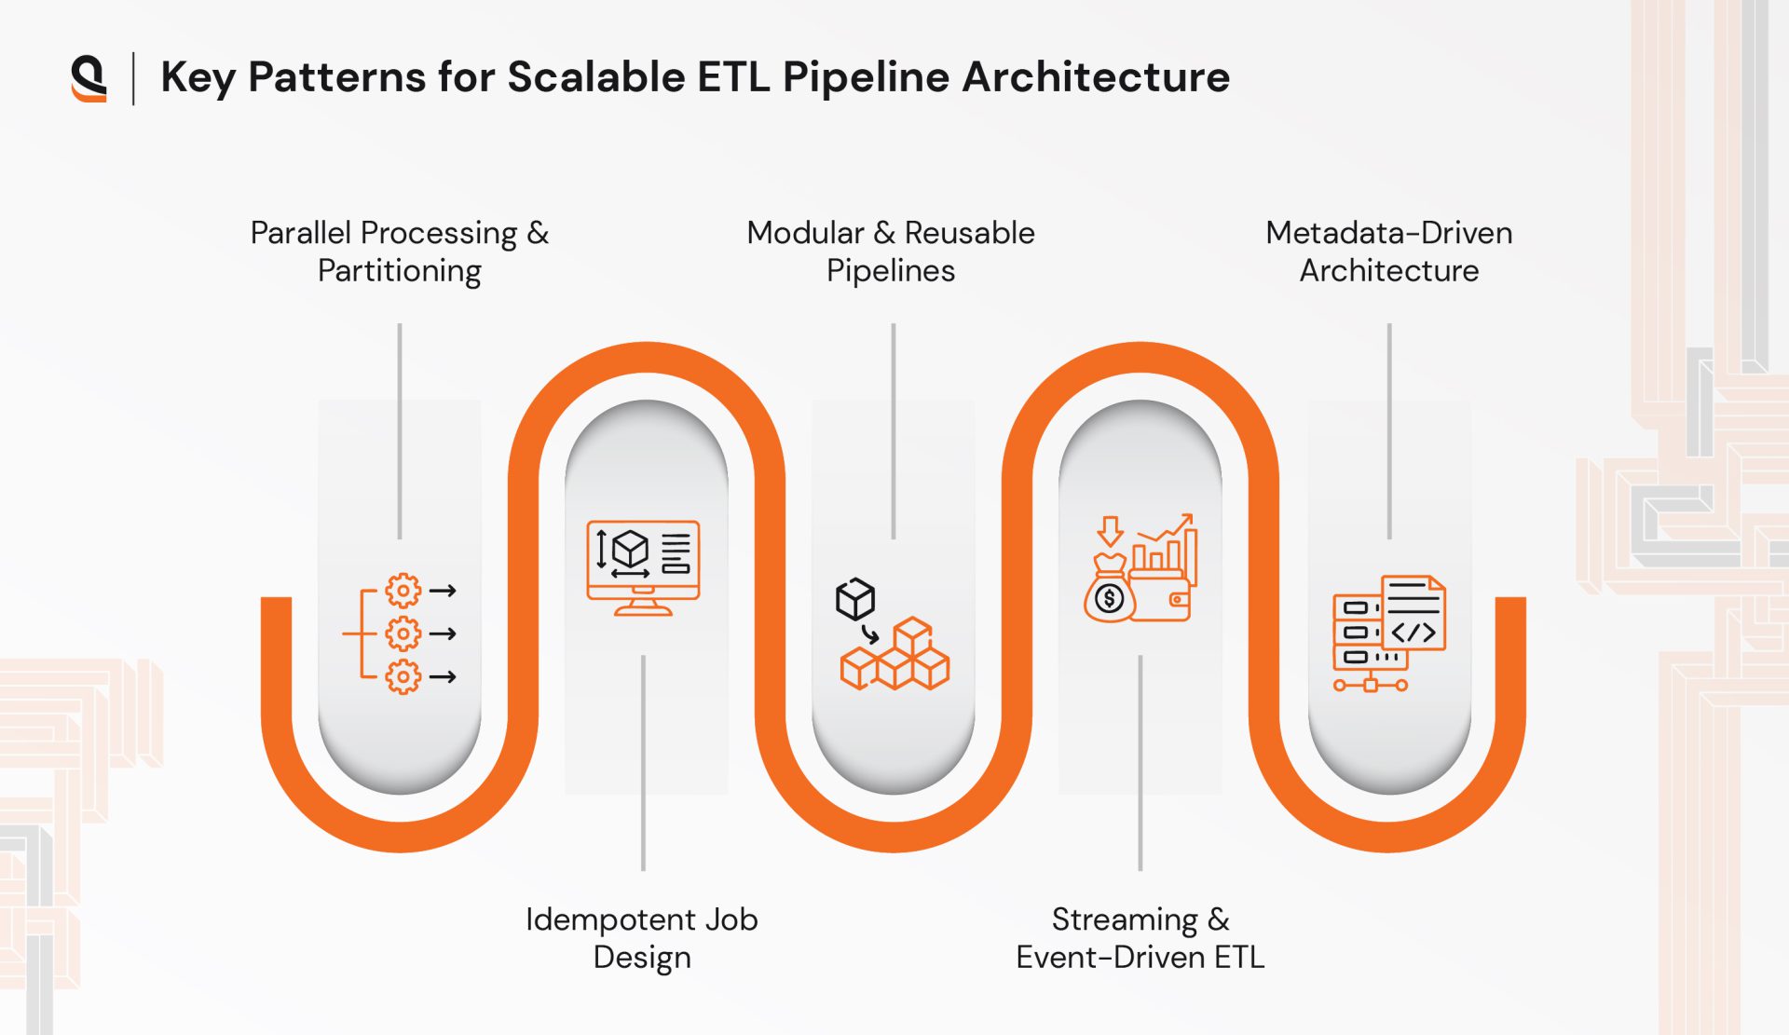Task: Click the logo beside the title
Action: coord(89,78)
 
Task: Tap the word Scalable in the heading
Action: coord(595,77)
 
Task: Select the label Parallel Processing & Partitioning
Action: coord(399,252)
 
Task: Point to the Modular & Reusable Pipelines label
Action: coord(891,252)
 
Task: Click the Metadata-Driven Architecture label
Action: coord(1388,252)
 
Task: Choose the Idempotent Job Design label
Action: coord(642,938)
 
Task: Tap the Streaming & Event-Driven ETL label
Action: coord(1140,938)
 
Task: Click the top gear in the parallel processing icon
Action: coord(403,591)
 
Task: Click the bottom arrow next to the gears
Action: coord(443,677)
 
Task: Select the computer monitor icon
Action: coord(643,566)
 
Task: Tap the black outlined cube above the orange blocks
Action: coord(854,599)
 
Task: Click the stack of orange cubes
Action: coord(895,657)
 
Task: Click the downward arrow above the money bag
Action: coord(1110,531)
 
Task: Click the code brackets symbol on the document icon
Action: coord(1413,633)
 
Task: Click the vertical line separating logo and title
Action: coord(134,78)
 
